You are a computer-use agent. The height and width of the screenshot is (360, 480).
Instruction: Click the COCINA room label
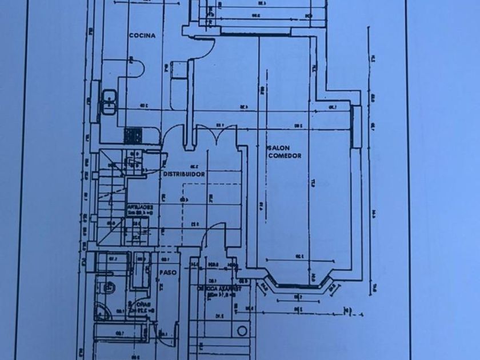[x=142, y=35]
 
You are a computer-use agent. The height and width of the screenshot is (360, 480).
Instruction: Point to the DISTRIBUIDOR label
[x=184, y=173]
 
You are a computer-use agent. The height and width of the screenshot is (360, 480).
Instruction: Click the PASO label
[x=167, y=273]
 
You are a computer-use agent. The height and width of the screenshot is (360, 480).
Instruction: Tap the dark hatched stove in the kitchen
[x=133, y=135]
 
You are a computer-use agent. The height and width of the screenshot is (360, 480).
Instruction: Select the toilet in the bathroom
[x=106, y=287]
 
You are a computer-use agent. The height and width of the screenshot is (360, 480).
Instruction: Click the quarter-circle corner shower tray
[x=101, y=311]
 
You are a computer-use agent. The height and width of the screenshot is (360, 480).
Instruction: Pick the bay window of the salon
[x=298, y=285]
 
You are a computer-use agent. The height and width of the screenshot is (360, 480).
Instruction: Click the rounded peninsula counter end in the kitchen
[x=138, y=70]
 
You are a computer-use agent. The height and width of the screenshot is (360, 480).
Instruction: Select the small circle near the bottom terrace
[x=242, y=331]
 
